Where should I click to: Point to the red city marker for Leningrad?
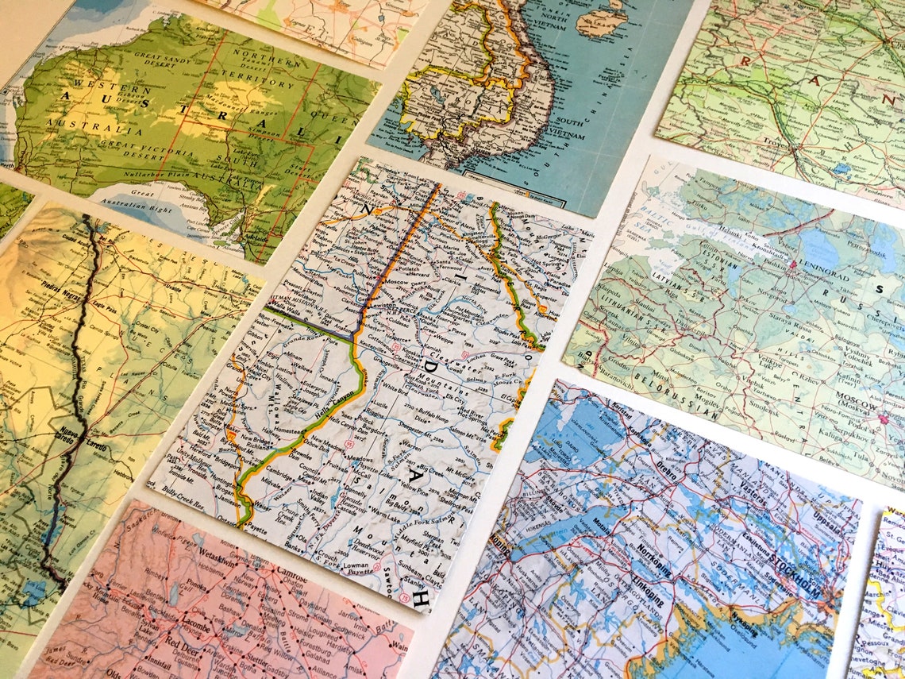(x=792, y=263)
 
